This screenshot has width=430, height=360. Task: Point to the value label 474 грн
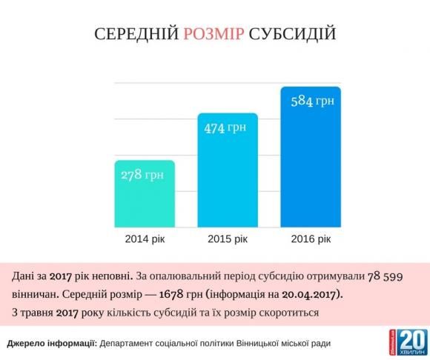click(226, 127)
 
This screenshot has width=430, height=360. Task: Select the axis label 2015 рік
click(227, 240)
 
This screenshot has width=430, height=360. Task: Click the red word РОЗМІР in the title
click(213, 35)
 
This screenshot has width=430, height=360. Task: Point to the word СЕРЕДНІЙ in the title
click(135, 35)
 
